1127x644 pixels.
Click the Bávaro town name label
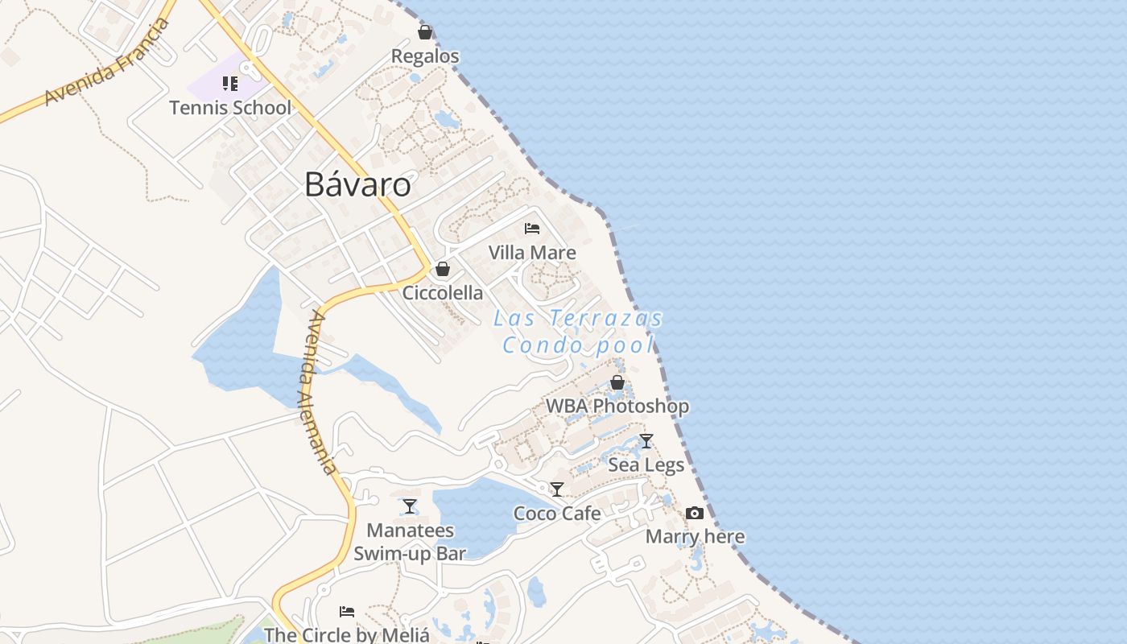coord(357,185)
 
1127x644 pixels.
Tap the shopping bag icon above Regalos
coord(425,32)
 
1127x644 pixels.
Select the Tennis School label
coord(230,107)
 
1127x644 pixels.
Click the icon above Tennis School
coord(230,84)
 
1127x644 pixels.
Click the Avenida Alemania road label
coord(320,393)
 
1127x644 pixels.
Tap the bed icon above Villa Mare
coord(531,229)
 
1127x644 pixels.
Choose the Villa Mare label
coord(532,253)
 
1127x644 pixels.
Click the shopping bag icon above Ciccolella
coord(443,269)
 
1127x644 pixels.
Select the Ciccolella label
coord(443,292)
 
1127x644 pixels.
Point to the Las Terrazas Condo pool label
coord(578,332)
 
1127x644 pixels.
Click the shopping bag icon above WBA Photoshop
coord(617,382)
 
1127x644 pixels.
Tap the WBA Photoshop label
coord(617,407)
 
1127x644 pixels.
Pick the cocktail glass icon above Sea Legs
coord(646,441)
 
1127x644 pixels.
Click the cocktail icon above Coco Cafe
coord(557,489)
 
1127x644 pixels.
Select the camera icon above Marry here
coord(695,513)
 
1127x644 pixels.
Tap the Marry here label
coord(695,537)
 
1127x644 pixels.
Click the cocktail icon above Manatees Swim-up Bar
coord(410,506)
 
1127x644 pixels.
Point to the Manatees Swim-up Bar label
coord(410,542)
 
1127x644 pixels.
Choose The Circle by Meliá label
coord(347,635)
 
